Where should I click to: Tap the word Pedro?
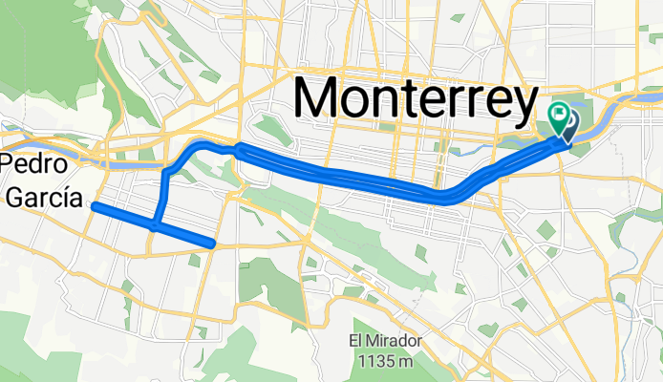click(33, 163)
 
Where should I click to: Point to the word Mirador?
click(392, 343)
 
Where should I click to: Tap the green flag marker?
click(558, 116)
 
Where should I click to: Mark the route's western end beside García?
click(95, 204)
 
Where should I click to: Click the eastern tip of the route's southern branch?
click(212, 244)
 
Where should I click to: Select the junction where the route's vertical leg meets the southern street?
click(156, 225)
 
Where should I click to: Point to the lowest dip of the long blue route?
click(444, 199)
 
